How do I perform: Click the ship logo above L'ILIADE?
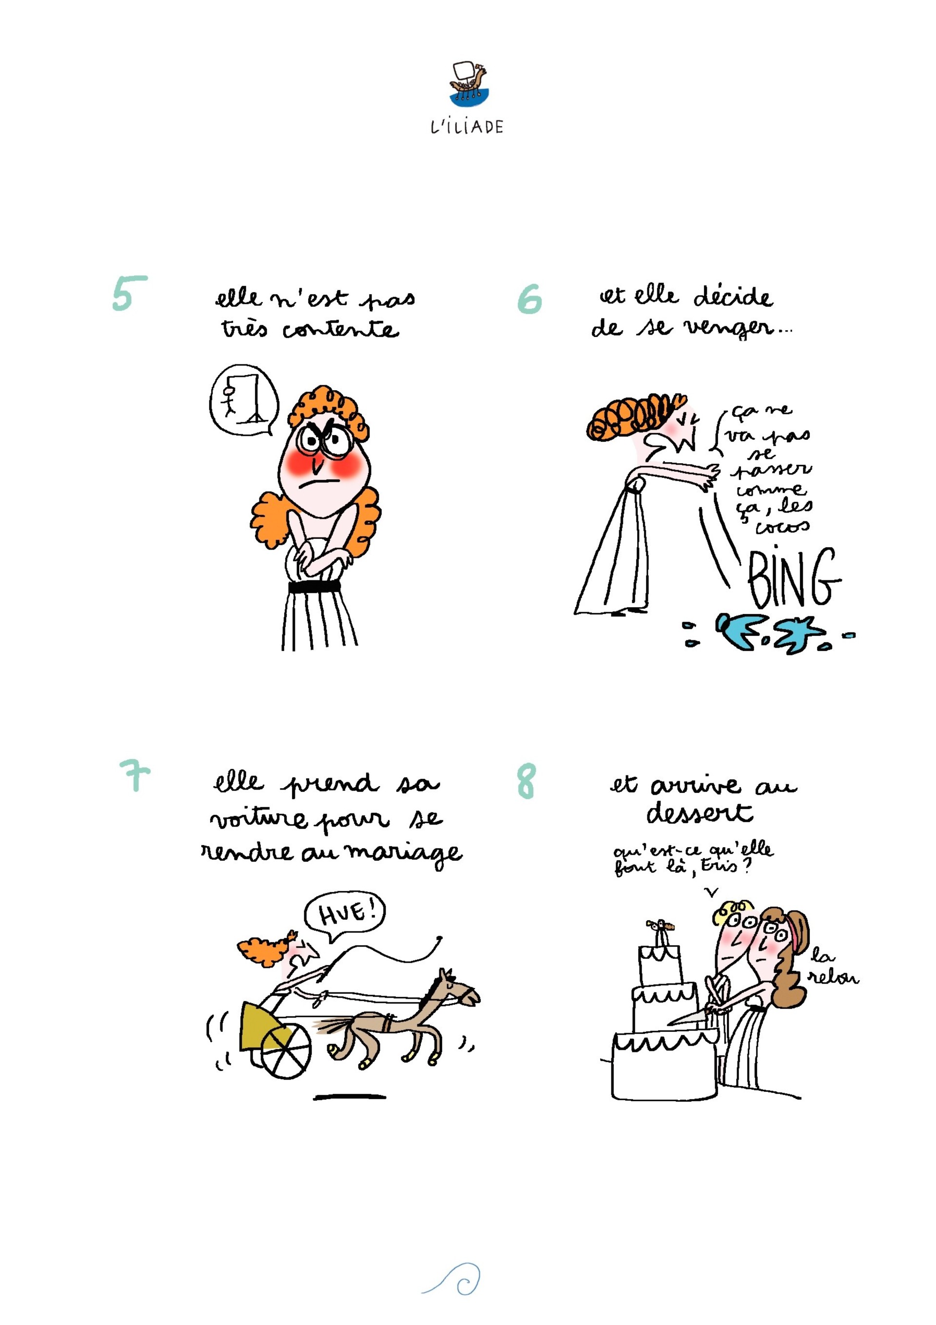pyautogui.click(x=468, y=84)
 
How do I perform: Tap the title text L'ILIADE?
pyautogui.click(x=467, y=127)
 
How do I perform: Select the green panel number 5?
pyautogui.click(x=129, y=293)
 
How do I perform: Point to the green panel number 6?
pyautogui.click(x=529, y=299)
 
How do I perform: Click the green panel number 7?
pyautogui.click(x=135, y=775)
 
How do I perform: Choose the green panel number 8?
pyautogui.click(x=526, y=781)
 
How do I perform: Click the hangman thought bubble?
pyautogui.click(x=244, y=400)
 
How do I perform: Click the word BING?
pyautogui.click(x=794, y=576)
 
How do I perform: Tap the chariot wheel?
pyautogui.click(x=286, y=1053)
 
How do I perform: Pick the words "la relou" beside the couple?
pyautogui.click(x=833, y=967)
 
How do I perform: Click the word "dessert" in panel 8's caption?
pyautogui.click(x=700, y=812)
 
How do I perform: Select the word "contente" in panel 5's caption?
pyautogui.click(x=340, y=329)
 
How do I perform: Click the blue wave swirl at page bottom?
pyautogui.click(x=453, y=1278)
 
